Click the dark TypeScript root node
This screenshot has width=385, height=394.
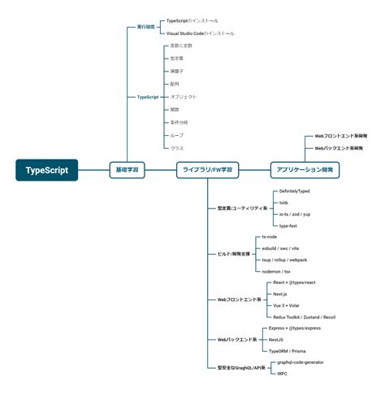tap(46, 169)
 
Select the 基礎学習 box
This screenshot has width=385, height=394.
tap(126, 169)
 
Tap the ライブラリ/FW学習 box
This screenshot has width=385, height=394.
tap(207, 169)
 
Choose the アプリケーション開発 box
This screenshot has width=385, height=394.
tap(305, 169)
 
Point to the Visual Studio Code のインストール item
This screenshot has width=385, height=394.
tap(200, 33)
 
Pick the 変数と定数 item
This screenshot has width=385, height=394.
tap(182, 46)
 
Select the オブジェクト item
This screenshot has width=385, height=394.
tap(184, 97)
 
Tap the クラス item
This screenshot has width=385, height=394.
tap(177, 147)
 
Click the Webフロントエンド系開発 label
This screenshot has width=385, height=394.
tap(340, 136)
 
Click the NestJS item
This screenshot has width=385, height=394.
tap(275, 338)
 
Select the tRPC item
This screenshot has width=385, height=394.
tap(282, 373)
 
